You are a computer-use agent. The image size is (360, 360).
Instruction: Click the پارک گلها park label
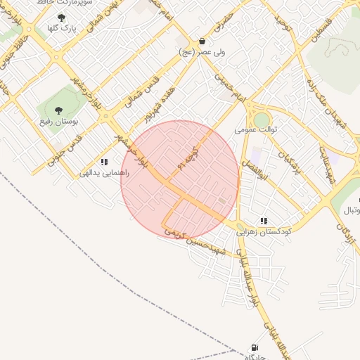click(x=61, y=28)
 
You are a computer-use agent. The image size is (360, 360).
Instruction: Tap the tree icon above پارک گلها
click(x=61, y=18)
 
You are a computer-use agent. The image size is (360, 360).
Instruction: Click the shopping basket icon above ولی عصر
click(x=202, y=41)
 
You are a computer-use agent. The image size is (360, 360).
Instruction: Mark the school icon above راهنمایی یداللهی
click(x=104, y=162)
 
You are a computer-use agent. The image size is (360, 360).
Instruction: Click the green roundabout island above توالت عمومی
click(x=262, y=120)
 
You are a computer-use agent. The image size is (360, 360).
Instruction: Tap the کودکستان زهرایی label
click(x=264, y=231)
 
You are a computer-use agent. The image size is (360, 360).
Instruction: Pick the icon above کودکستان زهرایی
click(x=264, y=221)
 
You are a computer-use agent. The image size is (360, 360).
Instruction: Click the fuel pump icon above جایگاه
click(x=254, y=348)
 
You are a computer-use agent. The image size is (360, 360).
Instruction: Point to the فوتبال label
click(x=350, y=210)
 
